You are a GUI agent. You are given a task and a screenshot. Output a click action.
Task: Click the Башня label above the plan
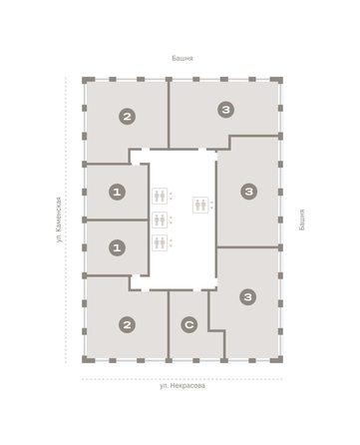pyautogui.click(x=182, y=58)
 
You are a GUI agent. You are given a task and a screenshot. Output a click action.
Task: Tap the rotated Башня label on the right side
pyautogui.click(x=301, y=220)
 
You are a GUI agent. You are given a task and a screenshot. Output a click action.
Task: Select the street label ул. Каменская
pyautogui.click(x=59, y=220)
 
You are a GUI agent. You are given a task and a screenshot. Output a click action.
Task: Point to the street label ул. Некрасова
pyautogui.click(x=182, y=386)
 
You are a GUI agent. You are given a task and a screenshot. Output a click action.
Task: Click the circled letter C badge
pyautogui.click(x=189, y=324)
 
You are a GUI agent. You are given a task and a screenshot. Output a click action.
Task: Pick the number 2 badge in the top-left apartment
pyautogui.click(x=127, y=117)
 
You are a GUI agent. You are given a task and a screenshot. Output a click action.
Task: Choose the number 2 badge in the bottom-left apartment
pyautogui.click(x=127, y=324)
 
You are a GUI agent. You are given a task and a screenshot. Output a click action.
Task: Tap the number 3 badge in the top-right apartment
pyautogui.click(x=226, y=110)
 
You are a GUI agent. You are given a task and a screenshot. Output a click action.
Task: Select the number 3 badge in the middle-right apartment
pyautogui.click(x=249, y=192)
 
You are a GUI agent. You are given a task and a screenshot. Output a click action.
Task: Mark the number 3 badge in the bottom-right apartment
pyautogui.click(x=248, y=297)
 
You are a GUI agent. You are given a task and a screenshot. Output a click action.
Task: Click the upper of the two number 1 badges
pyautogui.click(x=117, y=192)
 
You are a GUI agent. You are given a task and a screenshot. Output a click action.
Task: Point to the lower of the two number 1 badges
pyautogui.click(x=117, y=247)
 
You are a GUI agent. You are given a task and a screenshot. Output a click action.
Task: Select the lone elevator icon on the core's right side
pyautogui.click(x=200, y=205)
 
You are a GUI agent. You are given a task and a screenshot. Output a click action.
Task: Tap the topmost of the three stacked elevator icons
pyautogui.click(x=160, y=196)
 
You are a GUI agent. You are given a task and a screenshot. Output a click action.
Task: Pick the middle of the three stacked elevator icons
pyautogui.click(x=160, y=220)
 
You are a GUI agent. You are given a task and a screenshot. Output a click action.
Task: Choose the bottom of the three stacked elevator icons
pyautogui.click(x=160, y=242)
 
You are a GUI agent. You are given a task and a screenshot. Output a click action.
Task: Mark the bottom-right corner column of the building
pyautogui.click(x=277, y=359)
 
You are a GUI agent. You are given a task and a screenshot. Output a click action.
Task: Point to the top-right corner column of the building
pyautogui.click(x=277, y=80)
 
